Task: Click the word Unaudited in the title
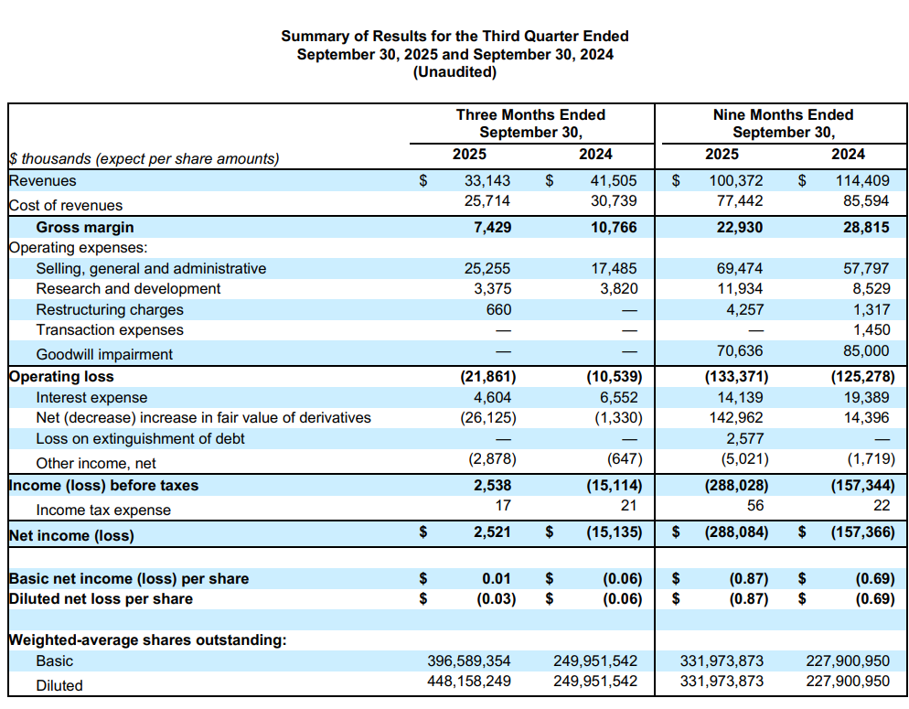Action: click(x=454, y=72)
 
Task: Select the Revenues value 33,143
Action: click(x=488, y=181)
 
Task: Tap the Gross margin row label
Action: click(x=85, y=227)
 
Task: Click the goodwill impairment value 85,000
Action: click(x=864, y=351)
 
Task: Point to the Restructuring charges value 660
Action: click(x=498, y=309)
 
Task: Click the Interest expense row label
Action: click(x=91, y=397)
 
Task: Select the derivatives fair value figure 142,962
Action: click(x=737, y=417)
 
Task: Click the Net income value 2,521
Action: click(x=492, y=532)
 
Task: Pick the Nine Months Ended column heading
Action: click(x=783, y=115)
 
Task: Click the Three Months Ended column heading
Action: click(x=530, y=115)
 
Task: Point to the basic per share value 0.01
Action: click(x=497, y=578)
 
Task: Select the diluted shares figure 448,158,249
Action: click(x=469, y=681)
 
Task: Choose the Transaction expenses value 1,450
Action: click(x=871, y=329)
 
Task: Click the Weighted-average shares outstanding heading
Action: click(x=147, y=639)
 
